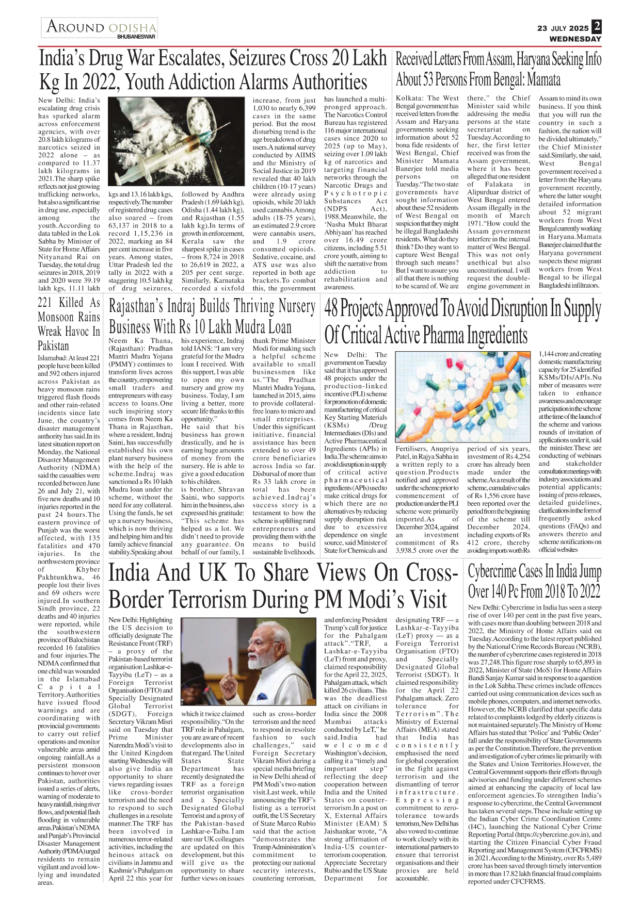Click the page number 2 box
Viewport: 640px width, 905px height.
(x=597, y=26)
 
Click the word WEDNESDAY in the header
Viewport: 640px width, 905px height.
(x=575, y=39)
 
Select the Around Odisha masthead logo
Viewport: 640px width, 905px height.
(x=100, y=27)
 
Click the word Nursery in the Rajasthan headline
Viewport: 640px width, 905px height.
(x=290, y=306)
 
